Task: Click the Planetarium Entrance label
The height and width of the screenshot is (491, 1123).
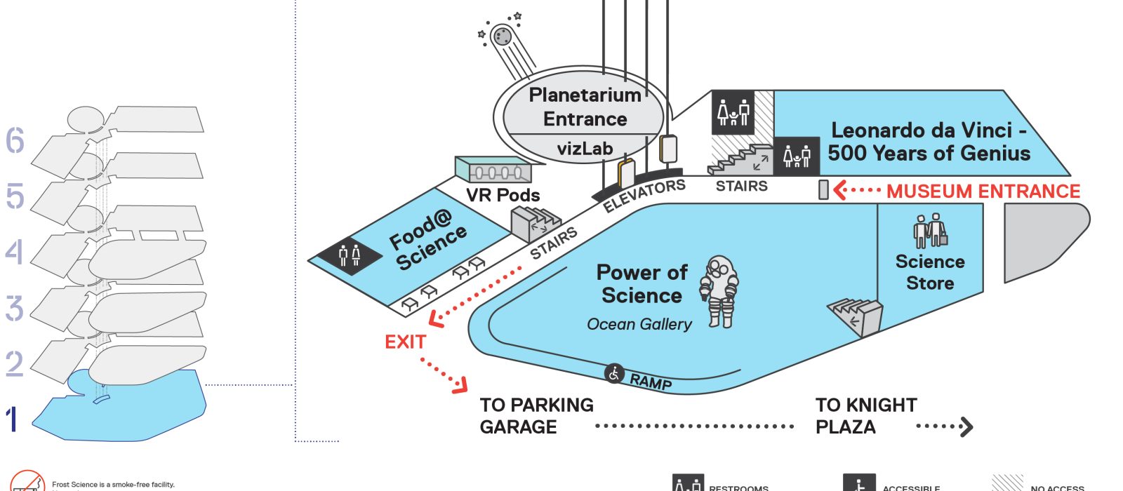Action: click(x=585, y=107)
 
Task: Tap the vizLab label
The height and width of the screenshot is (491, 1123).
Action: click(x=585, y=149)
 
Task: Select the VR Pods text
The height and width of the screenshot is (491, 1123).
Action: click(x=503, y=196)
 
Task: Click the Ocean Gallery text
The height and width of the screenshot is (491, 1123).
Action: click(x=639, y=324)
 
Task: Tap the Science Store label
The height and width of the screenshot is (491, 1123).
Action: click(x=930, y=272)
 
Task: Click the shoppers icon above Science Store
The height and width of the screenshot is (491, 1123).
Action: click(x=930, y=231)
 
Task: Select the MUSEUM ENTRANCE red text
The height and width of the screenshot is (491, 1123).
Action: click(x=983, y=191)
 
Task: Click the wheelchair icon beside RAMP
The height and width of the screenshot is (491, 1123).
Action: click(x=614, y=374)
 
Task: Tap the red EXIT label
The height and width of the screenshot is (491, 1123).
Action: click(x=405, y=342)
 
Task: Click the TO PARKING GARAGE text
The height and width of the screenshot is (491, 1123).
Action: click(x=536, y=416)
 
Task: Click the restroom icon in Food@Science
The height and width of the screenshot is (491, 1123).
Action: click(x=349, y=255)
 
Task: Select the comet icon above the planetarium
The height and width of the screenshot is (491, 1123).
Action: click(x=502, y=36)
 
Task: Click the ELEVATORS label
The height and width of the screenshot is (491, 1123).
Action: click(x=644, y=196)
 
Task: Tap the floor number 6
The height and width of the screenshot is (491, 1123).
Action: click(x=15, y=140)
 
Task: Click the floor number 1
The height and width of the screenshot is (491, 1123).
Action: click(x=11, y=419)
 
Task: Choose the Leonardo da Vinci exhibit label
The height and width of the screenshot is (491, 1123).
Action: click(x=929, y=142)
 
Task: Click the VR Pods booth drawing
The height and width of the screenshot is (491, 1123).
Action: click(x=493, y=170)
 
